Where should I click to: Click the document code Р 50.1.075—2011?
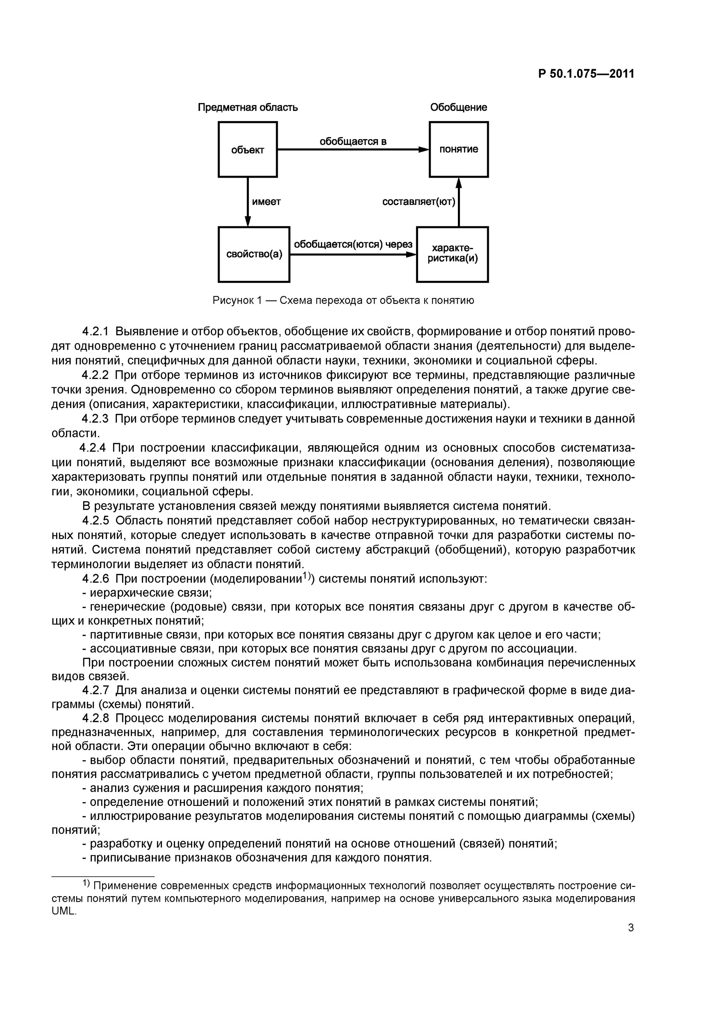tap(586, 74)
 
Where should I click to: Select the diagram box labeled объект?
tap(247, 149)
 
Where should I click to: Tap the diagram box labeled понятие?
tap(459, 149)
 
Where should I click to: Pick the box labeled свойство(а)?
tap(254, 254)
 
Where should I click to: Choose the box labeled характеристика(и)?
tap(452, 254)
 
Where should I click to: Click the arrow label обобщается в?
tap(353, 142)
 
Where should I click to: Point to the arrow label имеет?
tap(266, 202)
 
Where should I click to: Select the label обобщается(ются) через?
tap(353, 245)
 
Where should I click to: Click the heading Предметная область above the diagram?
tap(247, 108)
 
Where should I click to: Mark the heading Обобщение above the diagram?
tap(459, 108)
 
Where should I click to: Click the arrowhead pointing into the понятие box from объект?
tap(424, 150)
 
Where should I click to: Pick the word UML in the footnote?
tap(64, 911)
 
